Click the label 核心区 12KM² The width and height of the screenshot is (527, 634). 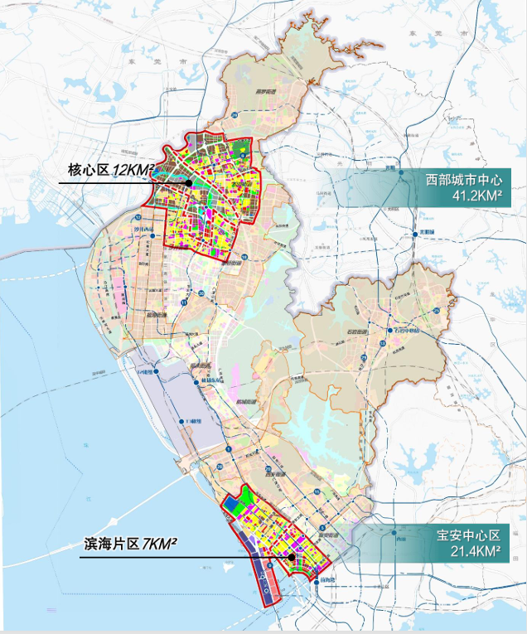point(110,171)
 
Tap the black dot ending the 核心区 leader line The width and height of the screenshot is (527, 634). point(189,182)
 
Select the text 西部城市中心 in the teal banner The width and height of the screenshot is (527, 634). point(464,180)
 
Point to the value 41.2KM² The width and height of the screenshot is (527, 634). point(476,196)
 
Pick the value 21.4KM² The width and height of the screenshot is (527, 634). point(476,550)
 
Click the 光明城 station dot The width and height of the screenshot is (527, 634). point(401,172)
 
